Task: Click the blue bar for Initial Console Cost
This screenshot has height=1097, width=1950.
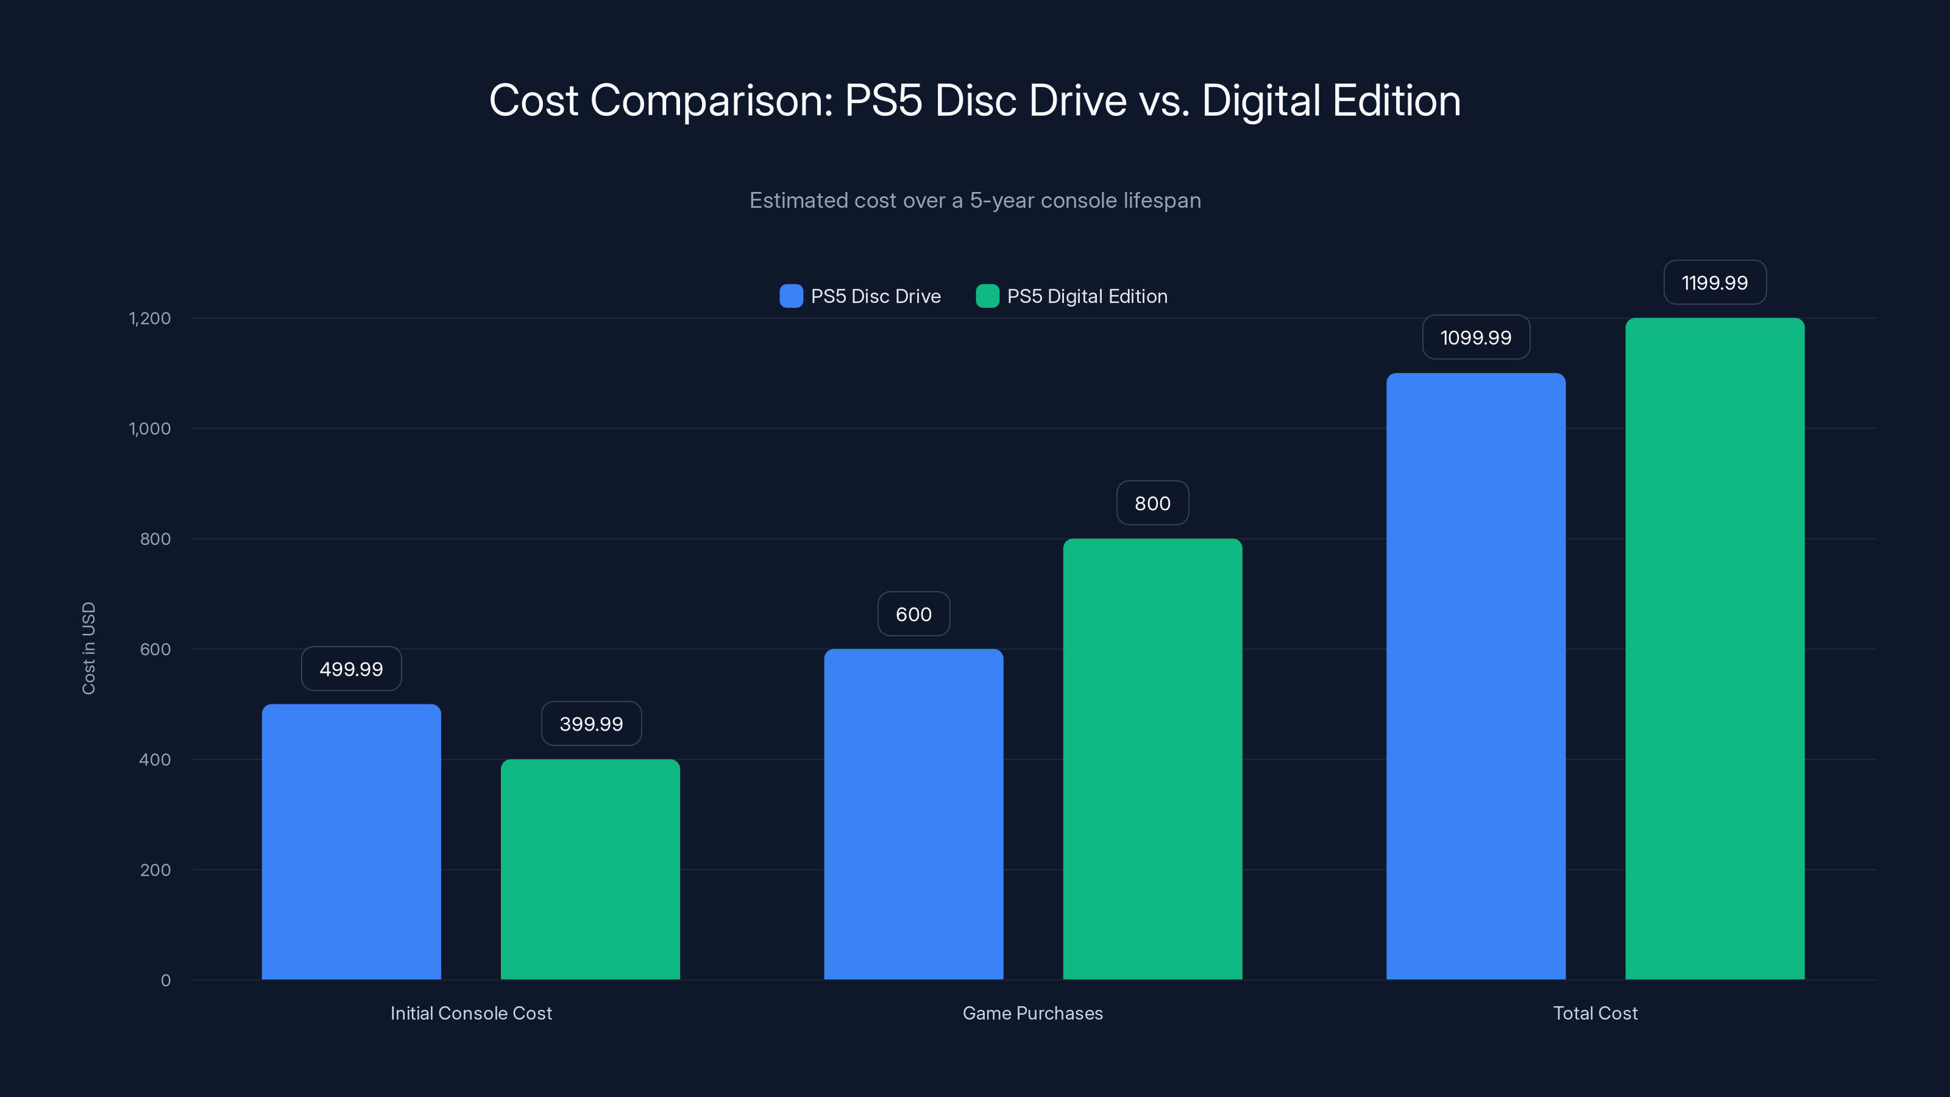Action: pyautogui.click(x=351, y=841)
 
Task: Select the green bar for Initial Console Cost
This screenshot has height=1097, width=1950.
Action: pyautogui.click(x=590, y=869)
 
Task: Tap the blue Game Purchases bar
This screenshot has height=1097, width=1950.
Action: pyautogui.click(x=913, y=814)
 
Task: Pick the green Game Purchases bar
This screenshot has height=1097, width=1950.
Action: pyautogui.click(x=1152, y=759)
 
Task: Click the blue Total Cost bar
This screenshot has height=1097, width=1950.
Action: pyautogui.click(x=1475, y=675)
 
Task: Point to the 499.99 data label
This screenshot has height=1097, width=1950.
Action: pyautogui.click(x=351, y=669)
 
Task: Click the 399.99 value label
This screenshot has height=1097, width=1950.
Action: pyautogui.click(x=591, y=724)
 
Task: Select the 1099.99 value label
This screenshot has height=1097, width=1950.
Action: pyautogui.click(x=1475, y=338)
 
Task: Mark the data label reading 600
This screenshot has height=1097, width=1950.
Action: pyautogui.click(x=913, y=614)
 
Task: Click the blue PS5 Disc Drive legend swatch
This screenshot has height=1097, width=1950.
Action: pyautogui.click(x=791, y=296)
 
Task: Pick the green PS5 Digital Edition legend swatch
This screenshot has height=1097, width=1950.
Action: pyautogui.click(x=987, y=296)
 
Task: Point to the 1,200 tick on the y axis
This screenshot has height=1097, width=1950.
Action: pyautogui.click(x=150, y=319)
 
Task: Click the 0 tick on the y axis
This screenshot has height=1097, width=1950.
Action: pyautogui.click(x=166, y=981)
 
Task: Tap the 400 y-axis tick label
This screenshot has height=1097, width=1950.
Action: pyautogui.click(x=155, y=760)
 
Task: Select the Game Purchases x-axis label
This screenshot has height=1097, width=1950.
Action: pyautogui.click(x=1032, y=1013)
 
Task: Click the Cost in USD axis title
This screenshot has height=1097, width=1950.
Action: pyautogui.click(x=88, y=648)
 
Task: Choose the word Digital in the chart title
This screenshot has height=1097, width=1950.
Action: pyautogui.click(x=1260, y=101)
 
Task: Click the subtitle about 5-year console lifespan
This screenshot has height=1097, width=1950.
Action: pyautogui.click(x=975, y=201)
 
